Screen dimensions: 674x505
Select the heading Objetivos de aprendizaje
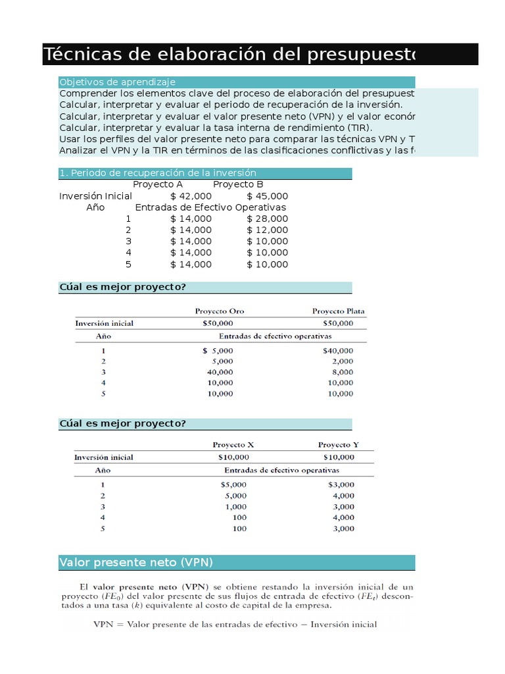(117, 82)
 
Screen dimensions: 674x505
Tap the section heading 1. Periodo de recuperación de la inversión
(157, 172)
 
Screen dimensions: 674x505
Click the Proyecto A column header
(158, 184)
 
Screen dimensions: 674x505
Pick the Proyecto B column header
(238, 184)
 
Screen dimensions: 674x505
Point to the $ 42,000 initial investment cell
(191, 196)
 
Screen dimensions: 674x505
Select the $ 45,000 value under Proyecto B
(267, 196)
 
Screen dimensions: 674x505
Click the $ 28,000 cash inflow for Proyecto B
(267, 219)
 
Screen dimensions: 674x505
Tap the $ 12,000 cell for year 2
(267, 230)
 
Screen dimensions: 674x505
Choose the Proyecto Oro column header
(220, 311)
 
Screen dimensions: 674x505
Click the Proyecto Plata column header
(338, 311)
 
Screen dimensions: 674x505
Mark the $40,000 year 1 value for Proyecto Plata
(338, 351)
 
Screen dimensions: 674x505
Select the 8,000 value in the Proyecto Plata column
(342, 372)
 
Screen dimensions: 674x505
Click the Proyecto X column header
(233, 445)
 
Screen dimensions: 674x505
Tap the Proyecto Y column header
(339, 445)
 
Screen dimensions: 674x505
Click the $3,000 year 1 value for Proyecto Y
(341, 484)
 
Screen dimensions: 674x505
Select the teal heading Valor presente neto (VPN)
(136, 563)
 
